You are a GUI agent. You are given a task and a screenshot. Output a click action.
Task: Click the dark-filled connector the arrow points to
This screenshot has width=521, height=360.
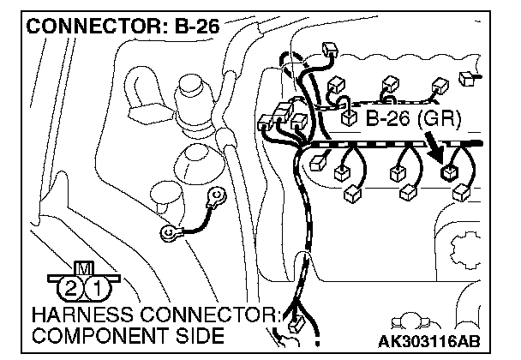point(448,172)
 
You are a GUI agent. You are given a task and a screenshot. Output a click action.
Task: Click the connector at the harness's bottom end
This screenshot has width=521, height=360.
point(296,325)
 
